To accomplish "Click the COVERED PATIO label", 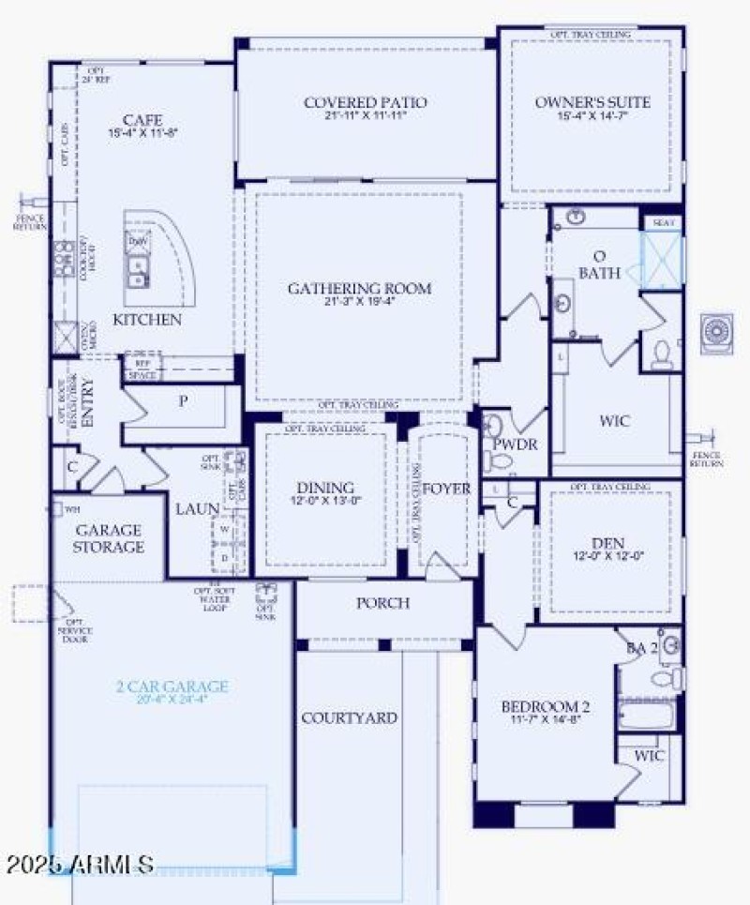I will (365, 102).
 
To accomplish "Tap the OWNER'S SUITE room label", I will (592, 102).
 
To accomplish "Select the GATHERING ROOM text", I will (359, 288).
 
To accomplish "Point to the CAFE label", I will (142, 120).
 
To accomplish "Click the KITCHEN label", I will (147, 320).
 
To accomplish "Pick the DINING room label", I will (325, 488).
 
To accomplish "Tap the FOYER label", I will (445, 489).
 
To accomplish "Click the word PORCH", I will (382, 602).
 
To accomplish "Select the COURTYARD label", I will (349, 718).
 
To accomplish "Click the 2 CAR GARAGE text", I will (172, 686).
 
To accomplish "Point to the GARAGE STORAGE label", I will (110, 538).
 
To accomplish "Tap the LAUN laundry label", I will (197, 509).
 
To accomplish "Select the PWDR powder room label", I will (515, 444).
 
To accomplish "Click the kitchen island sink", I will (138, 275).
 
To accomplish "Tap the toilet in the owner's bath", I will (662, 353).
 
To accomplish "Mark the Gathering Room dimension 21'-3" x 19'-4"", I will (359, 303).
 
